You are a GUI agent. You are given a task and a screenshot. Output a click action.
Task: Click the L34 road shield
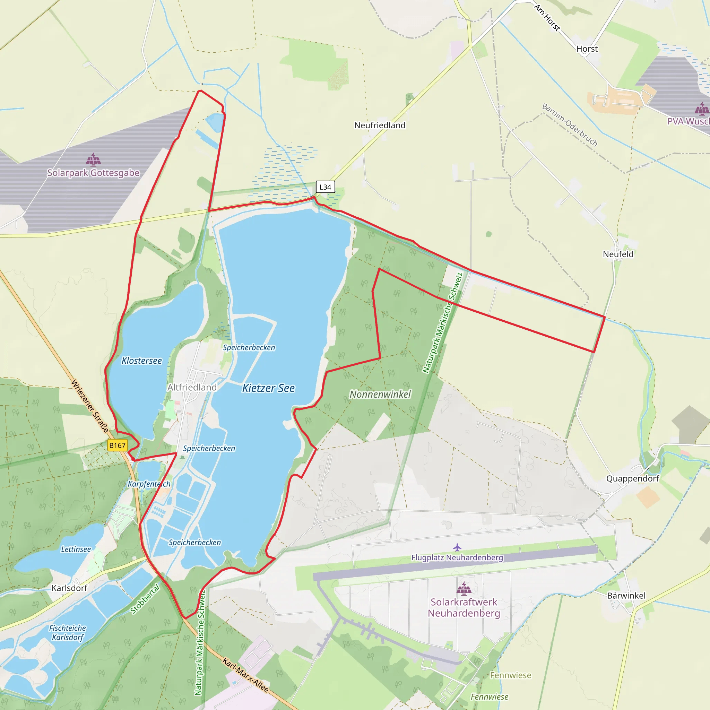click(x=325, y=187)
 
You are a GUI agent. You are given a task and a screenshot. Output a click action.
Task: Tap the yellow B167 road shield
click(x=117, y=445)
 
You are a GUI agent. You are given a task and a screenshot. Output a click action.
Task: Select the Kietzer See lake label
click(x=268, y=388)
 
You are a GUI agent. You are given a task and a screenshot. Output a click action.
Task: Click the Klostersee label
click(x=141, y=361)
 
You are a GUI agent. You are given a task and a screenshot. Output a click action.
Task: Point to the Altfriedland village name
click(x=192, y=387)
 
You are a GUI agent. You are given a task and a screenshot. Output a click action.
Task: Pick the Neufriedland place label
click(x=380, y=125)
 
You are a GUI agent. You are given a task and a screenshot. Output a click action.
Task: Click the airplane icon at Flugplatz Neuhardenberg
click(x=457, y=547)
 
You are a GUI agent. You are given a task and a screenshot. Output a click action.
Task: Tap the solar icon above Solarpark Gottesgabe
click(x=93, y=159)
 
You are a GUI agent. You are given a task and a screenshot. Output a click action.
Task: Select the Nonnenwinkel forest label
click(x=380, y=394)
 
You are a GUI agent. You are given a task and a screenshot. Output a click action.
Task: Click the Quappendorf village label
click(x=632, y=478)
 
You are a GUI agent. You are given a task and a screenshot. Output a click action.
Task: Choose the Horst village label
click(x=587, y=49)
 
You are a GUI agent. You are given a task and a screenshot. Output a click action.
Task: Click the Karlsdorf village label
click(x=69, y=588)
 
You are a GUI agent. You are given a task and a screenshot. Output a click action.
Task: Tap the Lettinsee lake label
click(x=76, y=549)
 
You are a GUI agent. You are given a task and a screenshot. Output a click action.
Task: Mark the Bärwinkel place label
click(x=626, y=595)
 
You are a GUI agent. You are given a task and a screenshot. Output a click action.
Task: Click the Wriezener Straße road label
click(x=90, y=406)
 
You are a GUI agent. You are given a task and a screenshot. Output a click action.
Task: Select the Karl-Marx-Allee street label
click(x=245, y=675)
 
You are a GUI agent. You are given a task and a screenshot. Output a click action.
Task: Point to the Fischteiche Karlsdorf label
click(x=68, y=632)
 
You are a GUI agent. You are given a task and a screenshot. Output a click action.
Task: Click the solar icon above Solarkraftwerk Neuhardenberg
click(x=464, y=588)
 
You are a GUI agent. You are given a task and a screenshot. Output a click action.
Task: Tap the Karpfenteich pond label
click(x=149, y=484)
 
